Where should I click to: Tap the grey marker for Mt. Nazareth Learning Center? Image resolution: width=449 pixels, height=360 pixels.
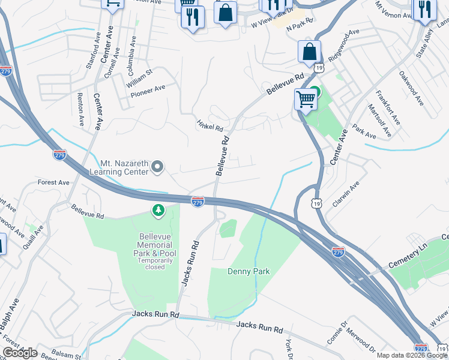pyautogui.click(x=157, y=167)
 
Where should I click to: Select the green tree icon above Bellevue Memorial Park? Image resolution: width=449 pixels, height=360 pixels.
pyautogui.click(x=158, y=211)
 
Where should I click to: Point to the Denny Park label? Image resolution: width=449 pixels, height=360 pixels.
pyautogui.click(x=249, y=272)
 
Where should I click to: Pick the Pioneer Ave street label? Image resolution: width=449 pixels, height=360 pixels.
pyautogui.click(x=148, y=88)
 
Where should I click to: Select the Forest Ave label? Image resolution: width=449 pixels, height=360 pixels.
pyautogui.click(x=53, y=182)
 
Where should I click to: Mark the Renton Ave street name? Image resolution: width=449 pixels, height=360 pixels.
pyautogui.click(x=80, y=109)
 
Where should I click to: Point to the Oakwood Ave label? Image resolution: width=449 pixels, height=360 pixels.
pyautogui.click(x=411, y=88)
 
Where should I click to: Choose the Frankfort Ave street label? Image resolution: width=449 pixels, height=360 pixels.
pyautogui.click(x=387, y=106)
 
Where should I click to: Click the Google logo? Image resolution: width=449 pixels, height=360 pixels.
pyautogui.click(x=20, y=353)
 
